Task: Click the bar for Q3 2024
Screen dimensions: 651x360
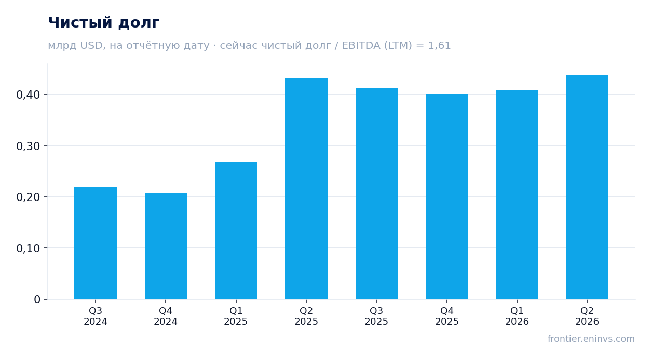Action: [96, 243]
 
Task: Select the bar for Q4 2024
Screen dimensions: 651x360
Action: [166, 246]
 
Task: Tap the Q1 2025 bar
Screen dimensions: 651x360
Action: [236, 230]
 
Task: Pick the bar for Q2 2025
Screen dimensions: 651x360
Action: [306, 189]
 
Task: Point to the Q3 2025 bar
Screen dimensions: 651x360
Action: [376, 193]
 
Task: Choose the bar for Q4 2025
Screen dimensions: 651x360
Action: [446, 196]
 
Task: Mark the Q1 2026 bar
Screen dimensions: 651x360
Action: [517, 194]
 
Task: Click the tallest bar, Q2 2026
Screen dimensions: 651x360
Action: [587, 187]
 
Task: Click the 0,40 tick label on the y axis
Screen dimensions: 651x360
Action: [28, 95]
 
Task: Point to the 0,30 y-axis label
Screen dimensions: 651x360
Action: [28, 146]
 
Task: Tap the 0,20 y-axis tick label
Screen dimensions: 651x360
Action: [28, 197]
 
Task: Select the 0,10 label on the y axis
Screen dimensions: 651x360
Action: [28, 248]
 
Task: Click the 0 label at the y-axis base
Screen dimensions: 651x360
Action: [37, 299]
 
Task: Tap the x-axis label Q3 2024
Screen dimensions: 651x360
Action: [96, 316]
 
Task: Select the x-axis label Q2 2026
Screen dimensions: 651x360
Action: [587, 316]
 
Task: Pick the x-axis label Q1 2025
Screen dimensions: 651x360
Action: [236, 316]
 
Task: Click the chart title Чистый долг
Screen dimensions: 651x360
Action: [103, 23]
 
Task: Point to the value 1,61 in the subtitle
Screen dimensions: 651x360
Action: [439, 45]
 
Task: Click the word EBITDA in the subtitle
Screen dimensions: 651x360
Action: [361, 45]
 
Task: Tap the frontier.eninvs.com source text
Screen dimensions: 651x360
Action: [591, 339]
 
